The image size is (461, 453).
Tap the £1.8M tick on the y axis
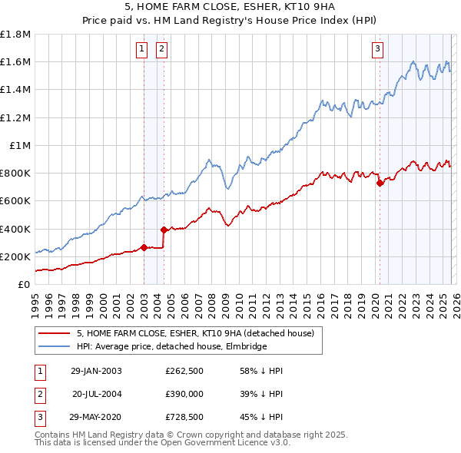point(15,35)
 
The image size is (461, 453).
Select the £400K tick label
point(15,229)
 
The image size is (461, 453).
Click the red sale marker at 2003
point(144,247)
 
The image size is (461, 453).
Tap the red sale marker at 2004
point(164,230)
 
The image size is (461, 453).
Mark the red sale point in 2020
point(380,183)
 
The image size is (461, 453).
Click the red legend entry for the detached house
point(195,334)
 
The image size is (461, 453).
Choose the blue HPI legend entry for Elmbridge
point(171,347)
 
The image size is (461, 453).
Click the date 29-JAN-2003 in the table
point(96,371)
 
